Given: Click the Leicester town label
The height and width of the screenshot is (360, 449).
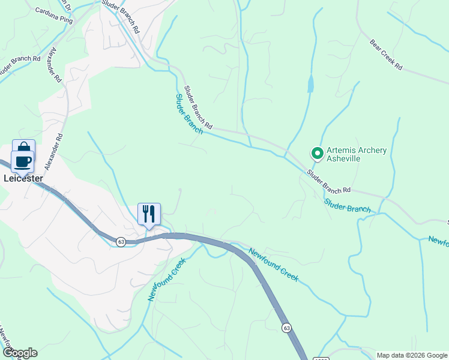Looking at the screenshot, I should [x=23, y=178].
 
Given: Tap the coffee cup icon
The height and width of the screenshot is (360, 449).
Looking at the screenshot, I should [x=23, y=161].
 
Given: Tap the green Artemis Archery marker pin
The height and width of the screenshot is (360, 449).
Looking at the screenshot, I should [x=317, y=154].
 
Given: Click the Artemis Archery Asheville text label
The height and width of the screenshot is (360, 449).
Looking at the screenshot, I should [x=356, y=154].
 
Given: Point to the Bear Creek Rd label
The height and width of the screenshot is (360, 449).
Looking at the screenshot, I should [x=385, y=55].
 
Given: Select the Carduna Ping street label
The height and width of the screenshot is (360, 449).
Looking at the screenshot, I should [x=53, y=16].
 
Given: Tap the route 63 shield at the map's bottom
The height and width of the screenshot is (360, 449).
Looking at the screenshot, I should [x=286, y=327].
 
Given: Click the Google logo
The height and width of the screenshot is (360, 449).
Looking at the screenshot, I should [x=19, y=353].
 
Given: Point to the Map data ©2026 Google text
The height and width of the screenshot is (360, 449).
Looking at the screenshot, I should [x=412, y=355].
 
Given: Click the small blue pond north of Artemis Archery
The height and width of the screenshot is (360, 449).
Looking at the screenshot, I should [x=310, y=85].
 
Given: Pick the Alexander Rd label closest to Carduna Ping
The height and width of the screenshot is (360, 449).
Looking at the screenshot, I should [x=56, y=65].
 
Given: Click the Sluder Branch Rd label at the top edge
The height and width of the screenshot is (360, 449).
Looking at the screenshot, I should [x=121, y=16].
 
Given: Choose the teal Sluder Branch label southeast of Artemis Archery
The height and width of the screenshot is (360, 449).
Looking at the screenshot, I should [x=348, y=205].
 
